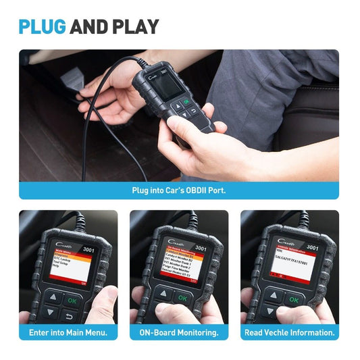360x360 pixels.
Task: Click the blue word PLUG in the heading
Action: pyautogui.click(x=42, y=26)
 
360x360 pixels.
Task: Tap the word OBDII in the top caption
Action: pyautogui.click(x=190, y=190)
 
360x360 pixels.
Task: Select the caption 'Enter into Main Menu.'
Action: pyautogui.click(x=68, y=332)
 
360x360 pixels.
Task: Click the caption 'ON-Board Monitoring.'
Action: pyautogui.click(x=179, y=332)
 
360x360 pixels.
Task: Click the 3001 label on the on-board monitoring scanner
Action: pyautogui.click(x=201, y=248)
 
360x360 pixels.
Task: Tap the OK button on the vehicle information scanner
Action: pyautogui.click(x=293, y=299)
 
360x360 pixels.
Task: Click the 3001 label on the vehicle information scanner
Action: pyautogui.click(x=311, y=247)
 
